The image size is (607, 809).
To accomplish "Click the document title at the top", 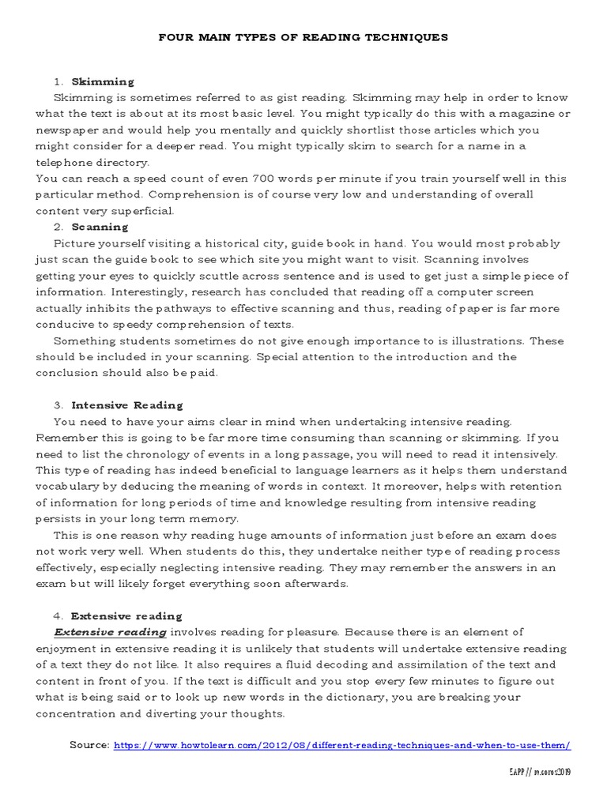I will pyautogui.click(x=303, y=37).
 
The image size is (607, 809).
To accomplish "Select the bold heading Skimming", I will pyautogui.click(x=103, y=81).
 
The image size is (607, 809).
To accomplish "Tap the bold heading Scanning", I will pyautogui.click(x=100, y=227).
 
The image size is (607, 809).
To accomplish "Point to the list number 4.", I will pyautogui.click(x=58, y=615).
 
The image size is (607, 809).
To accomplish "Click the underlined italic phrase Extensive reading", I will pyautogui.click(x=110, y=632).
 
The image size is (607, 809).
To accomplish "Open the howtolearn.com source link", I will pyautogui.click(x=342, y=745).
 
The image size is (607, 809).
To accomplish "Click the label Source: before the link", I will pyautogui.click(x=90, y=745).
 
